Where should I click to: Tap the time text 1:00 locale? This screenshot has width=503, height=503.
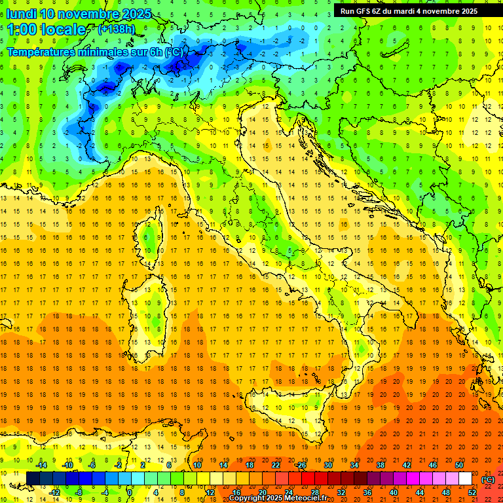[46, 29]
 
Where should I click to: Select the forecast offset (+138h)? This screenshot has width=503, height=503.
[117, 29]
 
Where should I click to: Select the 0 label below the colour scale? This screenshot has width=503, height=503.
[130, 492]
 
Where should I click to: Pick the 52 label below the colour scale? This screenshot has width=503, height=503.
[472, 492]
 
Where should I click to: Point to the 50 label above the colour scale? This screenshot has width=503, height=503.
[459, 465]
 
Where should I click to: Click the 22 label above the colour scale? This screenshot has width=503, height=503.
[276, 465]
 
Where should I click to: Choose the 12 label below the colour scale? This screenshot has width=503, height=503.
[210, 492]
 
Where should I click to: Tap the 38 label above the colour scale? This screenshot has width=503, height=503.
[381, 465]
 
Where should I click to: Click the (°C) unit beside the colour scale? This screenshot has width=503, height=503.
[488, 479]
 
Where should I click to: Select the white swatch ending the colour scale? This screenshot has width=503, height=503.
[465, 479]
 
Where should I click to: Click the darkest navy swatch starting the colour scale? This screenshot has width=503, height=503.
[33, 479]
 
